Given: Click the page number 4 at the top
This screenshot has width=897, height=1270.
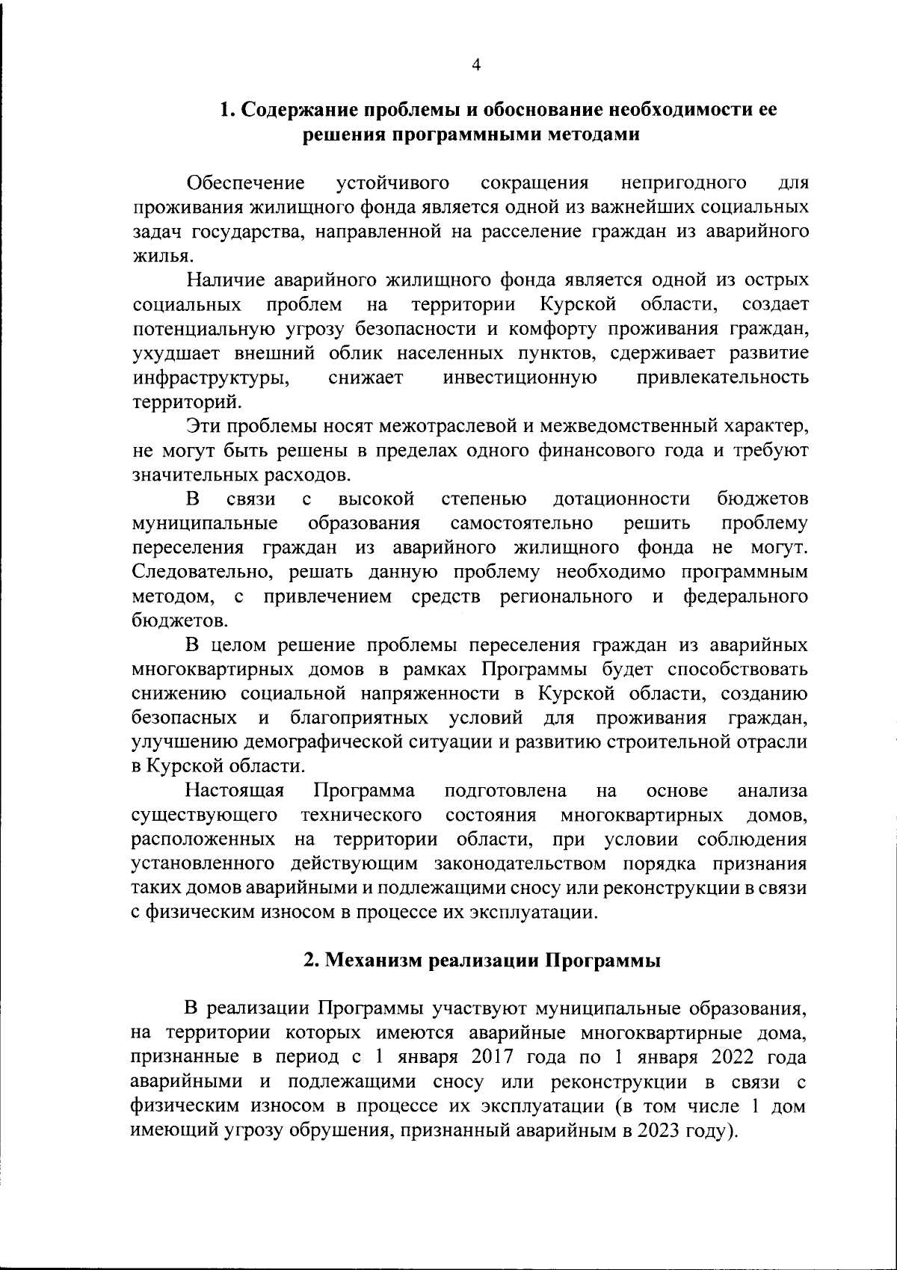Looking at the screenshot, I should [x=476, y=65].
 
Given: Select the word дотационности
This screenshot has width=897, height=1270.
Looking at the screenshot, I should [x=621, y=499].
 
